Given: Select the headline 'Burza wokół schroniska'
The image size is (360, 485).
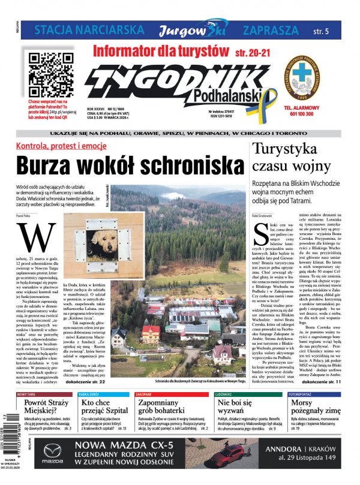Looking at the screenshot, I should [x=130, y=165].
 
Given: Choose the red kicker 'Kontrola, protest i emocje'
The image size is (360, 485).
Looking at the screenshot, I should [x=61, y=146].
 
